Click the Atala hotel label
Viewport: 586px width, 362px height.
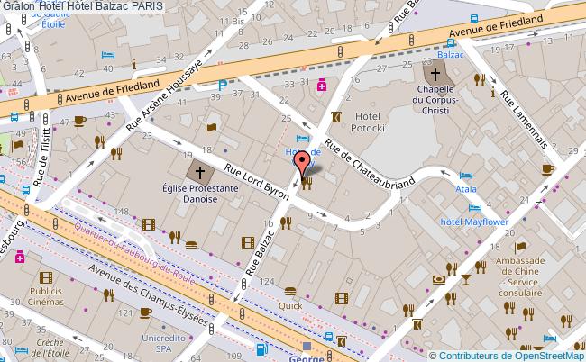tap(466, 191)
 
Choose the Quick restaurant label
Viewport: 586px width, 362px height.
tap(290, 305)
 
